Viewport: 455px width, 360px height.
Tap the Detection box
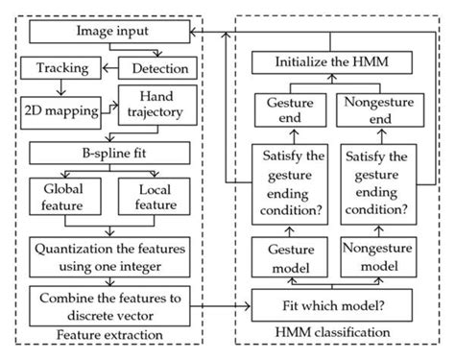[x=159, y=69]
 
